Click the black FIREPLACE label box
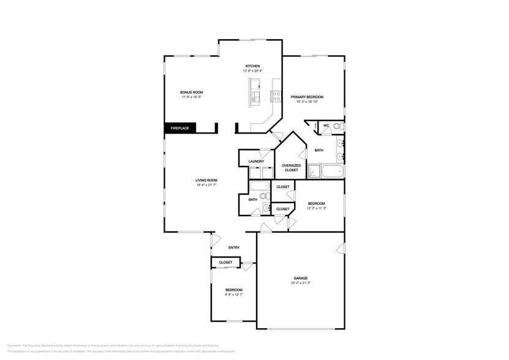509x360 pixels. tap(179, 128)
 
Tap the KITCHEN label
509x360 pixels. tap(253, 66)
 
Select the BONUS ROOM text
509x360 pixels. tap(191, 92)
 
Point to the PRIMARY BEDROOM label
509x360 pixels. tap(307, 97)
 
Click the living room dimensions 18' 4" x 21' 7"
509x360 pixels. tap(206, 185)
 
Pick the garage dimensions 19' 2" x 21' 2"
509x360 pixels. tap(300, 283)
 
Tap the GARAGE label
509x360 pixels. tap(300, 278)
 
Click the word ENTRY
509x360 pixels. tap(233, 247)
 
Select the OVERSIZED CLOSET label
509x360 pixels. tap(291, 167)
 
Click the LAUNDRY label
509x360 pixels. tap(256, 162)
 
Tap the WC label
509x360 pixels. tap(326, 126)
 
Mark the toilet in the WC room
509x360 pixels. tap(338, 126)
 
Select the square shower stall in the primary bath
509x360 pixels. tap(314, 171)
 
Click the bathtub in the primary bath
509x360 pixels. tap(333, 171)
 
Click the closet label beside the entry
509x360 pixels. tap(225, 262)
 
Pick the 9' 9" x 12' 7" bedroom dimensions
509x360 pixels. tap(233, 294)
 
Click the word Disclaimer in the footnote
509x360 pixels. tap(15, 345)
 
